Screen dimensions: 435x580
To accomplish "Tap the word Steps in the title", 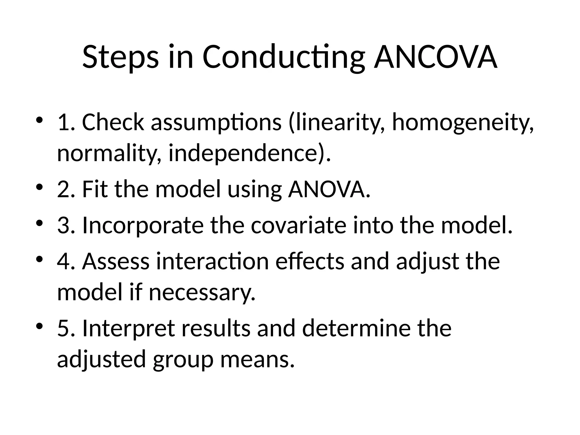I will point(120,57).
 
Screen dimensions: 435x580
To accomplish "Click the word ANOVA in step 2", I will point(329,189).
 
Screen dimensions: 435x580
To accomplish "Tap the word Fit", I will point(95,189).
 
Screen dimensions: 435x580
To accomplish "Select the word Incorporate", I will point(143,225).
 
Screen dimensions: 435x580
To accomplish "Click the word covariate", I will point(298,225).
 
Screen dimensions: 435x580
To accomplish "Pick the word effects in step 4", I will point(310,261).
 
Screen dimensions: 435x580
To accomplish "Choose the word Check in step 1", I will point(113,122).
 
